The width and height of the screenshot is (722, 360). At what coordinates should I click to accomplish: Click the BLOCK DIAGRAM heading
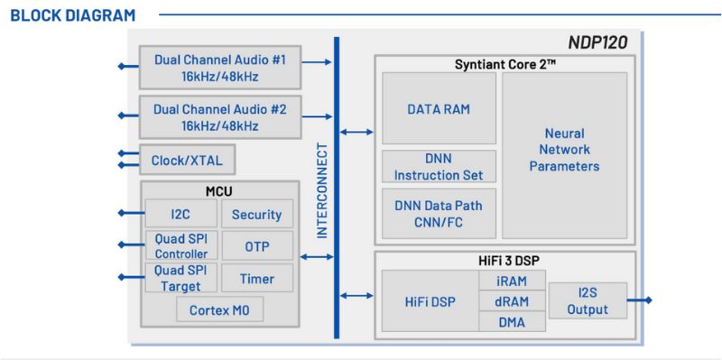point(72,15)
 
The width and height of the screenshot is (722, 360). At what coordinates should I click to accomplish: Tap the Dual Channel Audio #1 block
point(219,68)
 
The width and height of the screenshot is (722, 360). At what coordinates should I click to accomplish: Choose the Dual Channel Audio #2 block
point(219,117)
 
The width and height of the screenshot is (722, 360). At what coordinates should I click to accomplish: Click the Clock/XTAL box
point(187,162)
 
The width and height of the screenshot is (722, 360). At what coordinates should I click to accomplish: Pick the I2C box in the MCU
point(180,214)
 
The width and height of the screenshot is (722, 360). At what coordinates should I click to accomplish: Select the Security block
point(256,214)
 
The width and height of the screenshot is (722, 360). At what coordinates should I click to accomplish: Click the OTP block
point(256,246)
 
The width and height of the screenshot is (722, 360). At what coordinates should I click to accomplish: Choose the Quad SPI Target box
point(180,279)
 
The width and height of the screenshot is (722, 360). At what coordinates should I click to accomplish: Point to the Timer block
point(256,279)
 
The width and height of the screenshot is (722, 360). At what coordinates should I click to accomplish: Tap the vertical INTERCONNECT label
point(321,189)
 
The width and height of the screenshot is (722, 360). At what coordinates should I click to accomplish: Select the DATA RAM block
point(439,109)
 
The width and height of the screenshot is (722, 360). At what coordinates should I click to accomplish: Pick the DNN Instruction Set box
point(439,168)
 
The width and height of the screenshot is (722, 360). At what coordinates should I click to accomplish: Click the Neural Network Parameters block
point(564,150)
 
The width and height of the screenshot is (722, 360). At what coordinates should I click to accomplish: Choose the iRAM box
point(512,282)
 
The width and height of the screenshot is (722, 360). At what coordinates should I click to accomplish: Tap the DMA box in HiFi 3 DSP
point(512,321)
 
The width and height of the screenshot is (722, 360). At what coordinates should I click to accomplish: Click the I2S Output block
point(588,302)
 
